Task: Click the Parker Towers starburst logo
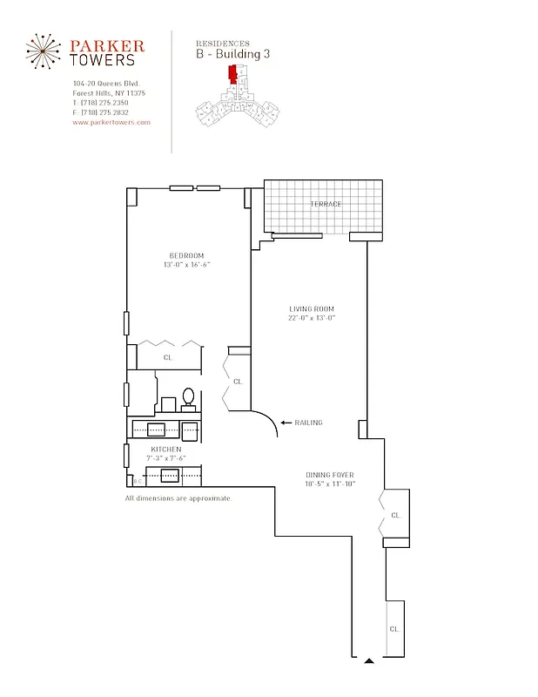pos(44,52)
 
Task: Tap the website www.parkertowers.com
pos(111,123)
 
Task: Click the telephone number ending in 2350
pos(100,103)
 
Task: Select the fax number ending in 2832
pos(100,112)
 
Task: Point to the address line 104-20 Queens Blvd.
pos(103,84)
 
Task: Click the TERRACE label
pos(326,204)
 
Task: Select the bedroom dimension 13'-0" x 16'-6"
pos(186,264)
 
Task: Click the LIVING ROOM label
pos(312,309)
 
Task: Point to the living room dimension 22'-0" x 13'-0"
pos(312,318)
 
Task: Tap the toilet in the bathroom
pos(188,397)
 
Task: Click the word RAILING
pos(309,423)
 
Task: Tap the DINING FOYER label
pos(329,475)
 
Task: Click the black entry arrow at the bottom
pos(369,661)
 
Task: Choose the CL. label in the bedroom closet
pos(167,357)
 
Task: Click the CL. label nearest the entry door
pos(394,628)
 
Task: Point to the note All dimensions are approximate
pos(178,498)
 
